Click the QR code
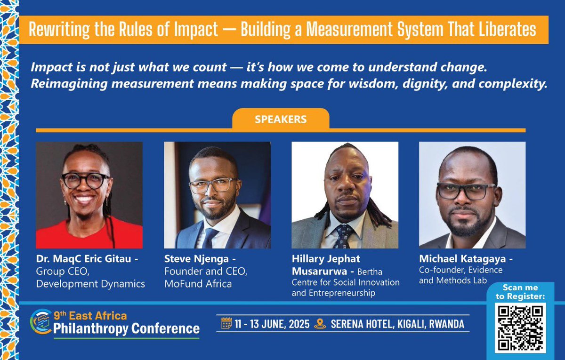520,328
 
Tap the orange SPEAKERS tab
281,119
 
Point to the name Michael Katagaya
466,259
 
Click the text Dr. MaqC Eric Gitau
84,259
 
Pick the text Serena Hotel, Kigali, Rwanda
397,324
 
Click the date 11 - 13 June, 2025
273,324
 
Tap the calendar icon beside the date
226,324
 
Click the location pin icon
320,324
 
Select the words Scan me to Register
520,292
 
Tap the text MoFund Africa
198,284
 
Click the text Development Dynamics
90,284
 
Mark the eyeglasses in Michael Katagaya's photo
466,191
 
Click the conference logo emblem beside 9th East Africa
40,321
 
